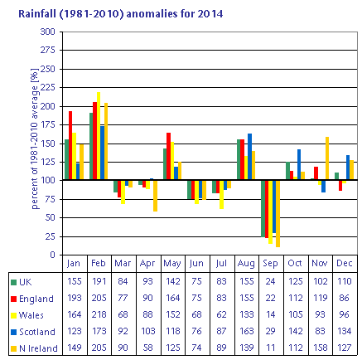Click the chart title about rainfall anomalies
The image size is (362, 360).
tap(120, 13)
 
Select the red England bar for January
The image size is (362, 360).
tap(70, 145)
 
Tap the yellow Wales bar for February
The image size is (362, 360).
tap(99, 136)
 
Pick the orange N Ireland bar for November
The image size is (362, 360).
tap(327, 158)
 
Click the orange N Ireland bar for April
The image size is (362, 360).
tap(155, 196)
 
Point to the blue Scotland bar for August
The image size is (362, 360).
tap(250, 157)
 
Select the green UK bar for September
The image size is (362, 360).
tap(263, 208)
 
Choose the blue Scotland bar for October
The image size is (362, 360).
tap(299, 164)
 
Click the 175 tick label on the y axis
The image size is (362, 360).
tap(48, 125)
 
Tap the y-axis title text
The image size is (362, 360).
tap(35, 139)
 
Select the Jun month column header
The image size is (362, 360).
tap(196, 263)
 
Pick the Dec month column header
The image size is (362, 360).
tap(345, 263)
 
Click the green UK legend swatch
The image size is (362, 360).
tap(13, 282)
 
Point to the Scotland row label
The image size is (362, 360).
tap(37, 332)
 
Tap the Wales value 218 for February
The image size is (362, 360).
tap(99, 314)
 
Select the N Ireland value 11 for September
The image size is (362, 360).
tap(271, 348)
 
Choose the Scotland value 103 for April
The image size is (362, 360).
tap(148, 331)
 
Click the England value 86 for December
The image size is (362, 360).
tap(345, 298)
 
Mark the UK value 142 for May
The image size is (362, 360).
tap(173, 281)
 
